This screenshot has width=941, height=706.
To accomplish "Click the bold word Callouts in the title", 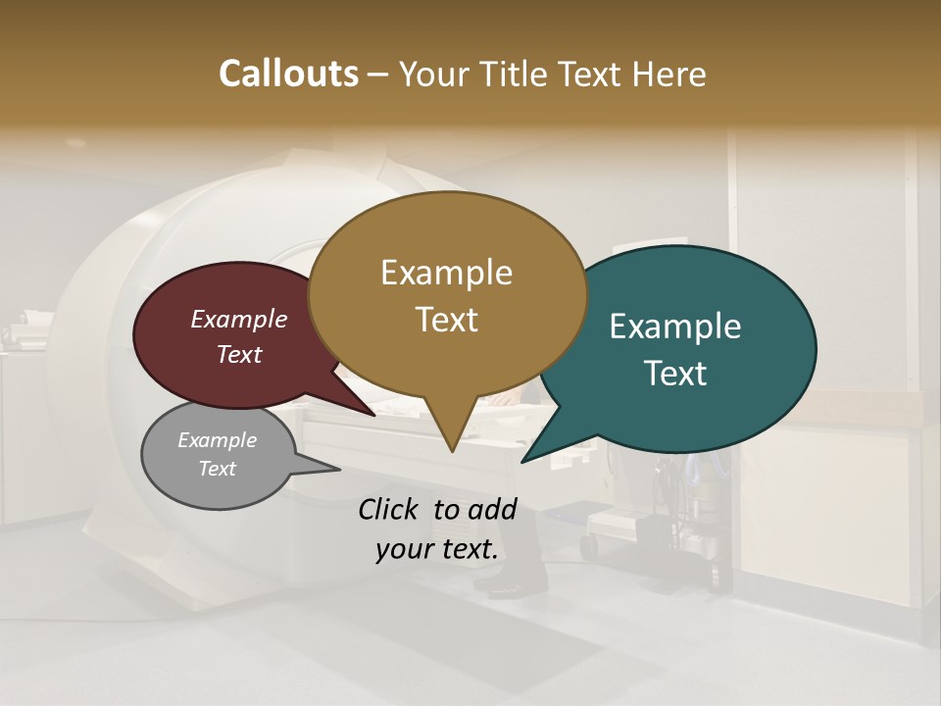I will pos(288,74).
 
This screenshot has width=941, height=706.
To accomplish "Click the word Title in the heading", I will pos(516,74).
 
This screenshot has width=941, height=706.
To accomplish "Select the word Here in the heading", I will pos(670,74).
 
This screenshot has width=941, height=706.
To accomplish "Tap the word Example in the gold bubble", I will pos(446,273).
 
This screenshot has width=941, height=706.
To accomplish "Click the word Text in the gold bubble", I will pos(446,320).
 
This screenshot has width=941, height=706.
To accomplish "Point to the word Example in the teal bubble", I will pos(675,327).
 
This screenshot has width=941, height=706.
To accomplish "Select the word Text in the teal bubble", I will pos(675,374).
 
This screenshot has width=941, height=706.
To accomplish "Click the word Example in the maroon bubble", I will pos(239,319).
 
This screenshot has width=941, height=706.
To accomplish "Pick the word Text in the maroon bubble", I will pos(239,354).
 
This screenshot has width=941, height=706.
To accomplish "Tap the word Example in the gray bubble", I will pos(218,440).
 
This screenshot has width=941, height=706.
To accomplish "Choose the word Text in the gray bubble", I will pos(218,469).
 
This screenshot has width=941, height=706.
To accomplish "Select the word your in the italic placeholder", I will pos(403,549).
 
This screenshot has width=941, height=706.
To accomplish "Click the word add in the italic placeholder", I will pos(493,509).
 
